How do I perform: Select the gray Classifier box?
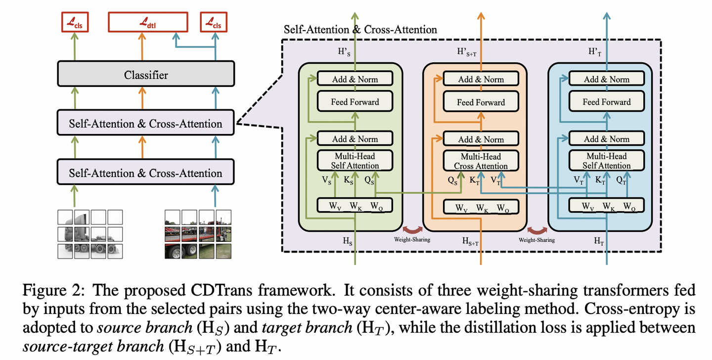tap(145, 75)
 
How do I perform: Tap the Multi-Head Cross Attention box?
tap(481, 161)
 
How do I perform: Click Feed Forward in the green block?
tap(355, 102)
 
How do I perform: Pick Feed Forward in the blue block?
tap(606, 102)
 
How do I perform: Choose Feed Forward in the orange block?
tap(481, 102)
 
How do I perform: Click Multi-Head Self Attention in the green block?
tap(355, 161)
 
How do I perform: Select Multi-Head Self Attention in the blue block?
tap(606, 161)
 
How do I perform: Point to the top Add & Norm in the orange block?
tap(481, 79)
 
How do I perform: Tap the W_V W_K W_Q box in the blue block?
tap(606, 206)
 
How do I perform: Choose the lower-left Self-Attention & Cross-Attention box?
tap(145, 173)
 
